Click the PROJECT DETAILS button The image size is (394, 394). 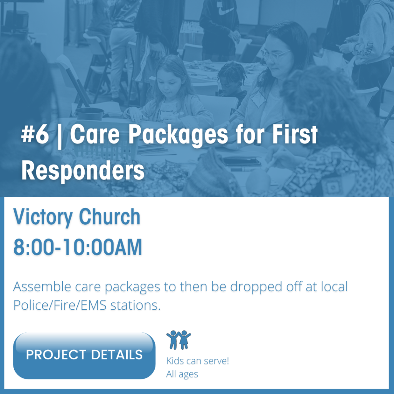(84, 355)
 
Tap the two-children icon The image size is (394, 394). (179, 340)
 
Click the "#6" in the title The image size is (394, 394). (35, 134)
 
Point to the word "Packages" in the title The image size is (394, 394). (179, 136)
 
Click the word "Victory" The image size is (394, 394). (43, 217)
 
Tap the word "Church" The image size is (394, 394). (110, 217)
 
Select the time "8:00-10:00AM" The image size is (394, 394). (78, 247)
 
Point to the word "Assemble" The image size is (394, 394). (42, 286)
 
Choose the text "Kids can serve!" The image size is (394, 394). (197, 361)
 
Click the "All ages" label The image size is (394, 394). (182, 374)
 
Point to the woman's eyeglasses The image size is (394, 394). (275, 54)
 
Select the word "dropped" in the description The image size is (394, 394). (256, 287)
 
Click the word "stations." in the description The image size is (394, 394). (135, 305)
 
